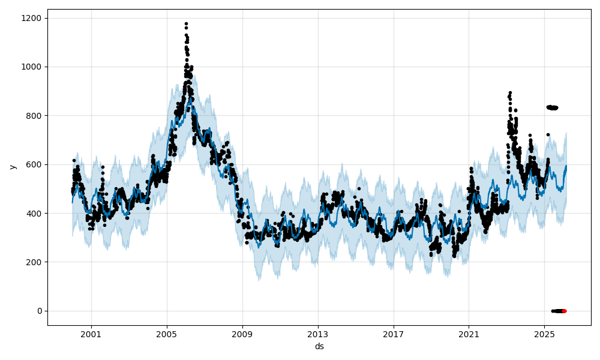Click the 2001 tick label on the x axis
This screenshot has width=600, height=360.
coord(91,334)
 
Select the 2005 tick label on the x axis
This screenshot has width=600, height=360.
coord(167,334)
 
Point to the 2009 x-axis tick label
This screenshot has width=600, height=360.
coord(242,334)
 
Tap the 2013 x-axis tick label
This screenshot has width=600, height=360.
coord(318,334)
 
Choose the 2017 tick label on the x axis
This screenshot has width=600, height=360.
coord(394,334)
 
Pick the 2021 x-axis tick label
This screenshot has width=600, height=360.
coord(469,334)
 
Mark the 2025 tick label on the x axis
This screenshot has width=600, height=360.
coord(544,334)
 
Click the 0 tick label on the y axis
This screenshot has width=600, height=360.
coord(39,311)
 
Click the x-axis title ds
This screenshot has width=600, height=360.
coord(319,347)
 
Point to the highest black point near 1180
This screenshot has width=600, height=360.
coord(186,24)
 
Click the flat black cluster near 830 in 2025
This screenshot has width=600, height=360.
coord(552,107)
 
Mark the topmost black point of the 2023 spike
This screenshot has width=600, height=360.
coord(510,93)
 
